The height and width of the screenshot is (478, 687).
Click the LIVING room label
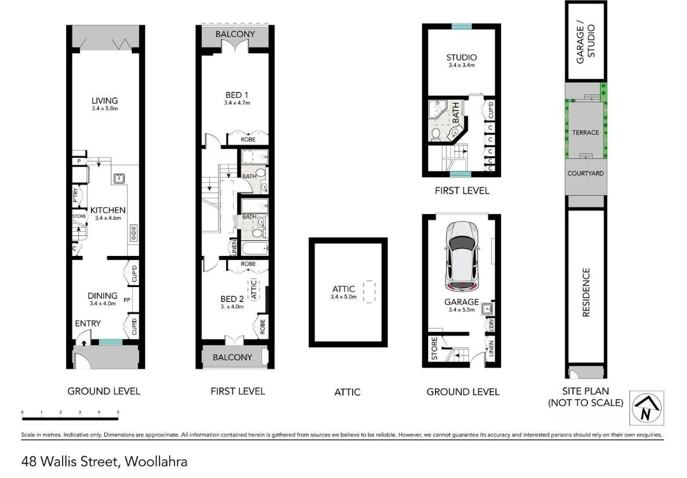(104, 101)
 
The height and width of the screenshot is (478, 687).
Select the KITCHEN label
(108, 211)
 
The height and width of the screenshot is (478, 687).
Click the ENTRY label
(88, 323)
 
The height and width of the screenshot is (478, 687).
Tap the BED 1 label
(237, 95)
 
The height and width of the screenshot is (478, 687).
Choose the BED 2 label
(232, 299)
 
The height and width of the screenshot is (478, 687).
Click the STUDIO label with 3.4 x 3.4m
(461, 58)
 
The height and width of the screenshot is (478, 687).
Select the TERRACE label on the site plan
(586, 132)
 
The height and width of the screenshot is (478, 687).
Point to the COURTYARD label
(586, 173)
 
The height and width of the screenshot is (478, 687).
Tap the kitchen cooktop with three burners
(133, 232)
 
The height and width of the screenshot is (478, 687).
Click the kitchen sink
(120, 178)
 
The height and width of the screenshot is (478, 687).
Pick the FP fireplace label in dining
(127, 300)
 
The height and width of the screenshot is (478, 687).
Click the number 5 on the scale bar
(118, 412)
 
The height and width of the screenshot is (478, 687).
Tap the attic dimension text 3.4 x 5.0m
(343, 297)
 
